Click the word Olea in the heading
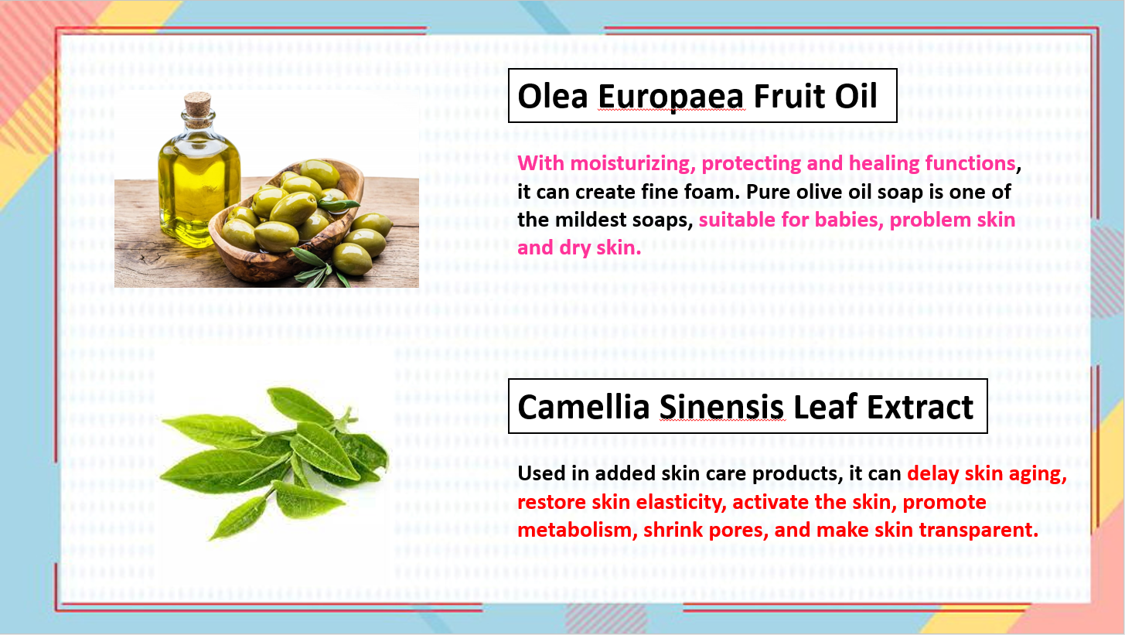coord(552,96)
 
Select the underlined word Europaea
coord(670,98)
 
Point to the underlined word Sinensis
coord(721,407)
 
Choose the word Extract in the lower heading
coord(920,407)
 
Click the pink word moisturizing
coord(632,164)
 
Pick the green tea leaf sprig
coord(274,463)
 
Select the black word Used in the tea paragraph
coord(542,473)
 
